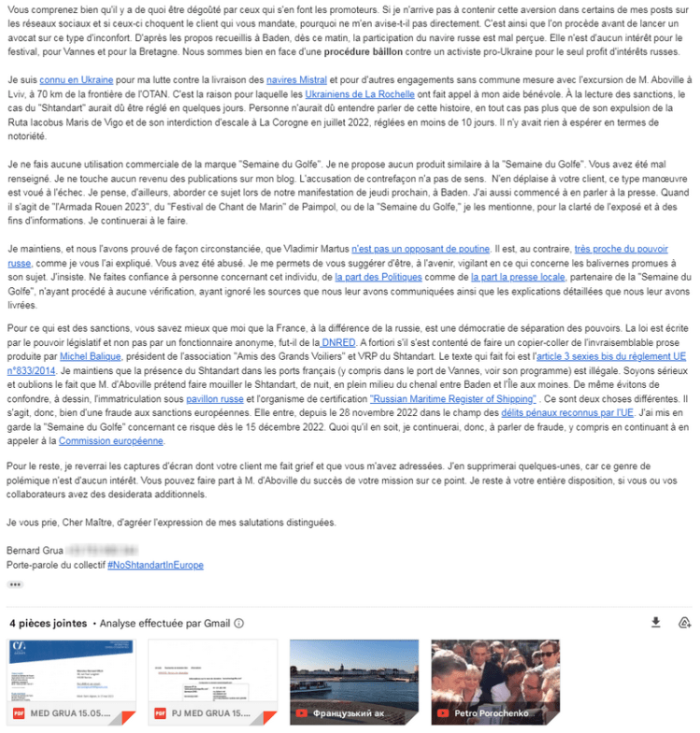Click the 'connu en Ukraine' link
point(69,81)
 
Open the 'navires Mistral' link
point(297,81)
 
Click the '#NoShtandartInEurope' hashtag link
point(155,565)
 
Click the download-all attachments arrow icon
point(655,623)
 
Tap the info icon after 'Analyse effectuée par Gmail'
point(239,624)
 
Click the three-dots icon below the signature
point(15,584)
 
